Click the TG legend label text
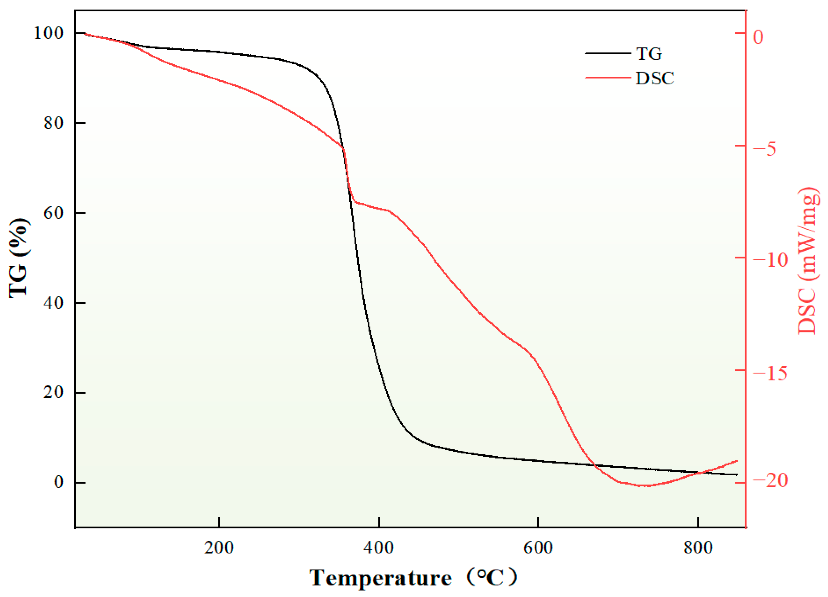[649, 54]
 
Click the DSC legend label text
[655, 78]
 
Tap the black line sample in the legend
[608, 53]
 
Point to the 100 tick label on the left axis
[49, 33]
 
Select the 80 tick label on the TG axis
[54, 123]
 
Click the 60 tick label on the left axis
[54, 213]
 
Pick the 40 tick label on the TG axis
[54, 303]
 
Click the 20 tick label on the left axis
[54, 393]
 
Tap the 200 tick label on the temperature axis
[219, 548]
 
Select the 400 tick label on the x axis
[379, 548]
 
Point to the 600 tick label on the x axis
[538, 548]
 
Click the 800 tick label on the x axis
[698, 548]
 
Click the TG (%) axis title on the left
[18, 258]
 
